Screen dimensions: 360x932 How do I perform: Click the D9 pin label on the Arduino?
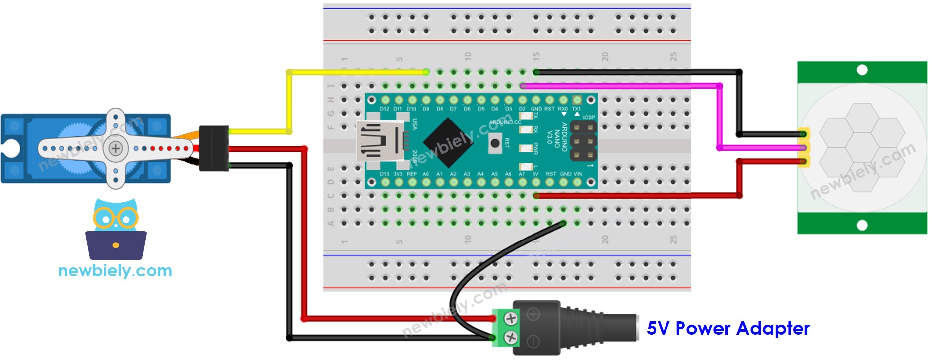pyautogui.click(x=426, y=109)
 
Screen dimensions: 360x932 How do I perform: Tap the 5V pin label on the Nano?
pyautogui.click(x=535, y=174)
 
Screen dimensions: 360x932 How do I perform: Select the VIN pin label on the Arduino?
pyautogui.click(x=578, y=174)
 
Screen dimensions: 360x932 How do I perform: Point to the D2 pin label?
pyautogui.click(x=522, y=109)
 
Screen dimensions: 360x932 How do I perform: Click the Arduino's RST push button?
pyautogui.click(x=495, y=143)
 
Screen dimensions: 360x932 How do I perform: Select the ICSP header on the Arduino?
pyautogui.click(x=583, y=141)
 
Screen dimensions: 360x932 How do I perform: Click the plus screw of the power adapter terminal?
pyautogui.click(x=511, y=318)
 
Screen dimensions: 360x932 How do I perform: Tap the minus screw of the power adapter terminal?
pyautogui.click(x=511, y=338)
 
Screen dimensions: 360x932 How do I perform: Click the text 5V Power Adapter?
pyautogui.click(x=728, y=328)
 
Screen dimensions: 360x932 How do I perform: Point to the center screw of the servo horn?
pyautogui.click(x=116, y=148)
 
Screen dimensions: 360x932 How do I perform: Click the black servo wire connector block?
pyautogui.click(x=214, y=148)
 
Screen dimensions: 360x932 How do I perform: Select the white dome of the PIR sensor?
pyautogui.click(x=862, y=147)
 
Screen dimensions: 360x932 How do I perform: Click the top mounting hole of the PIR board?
pyautogui.click(x=862, y=70)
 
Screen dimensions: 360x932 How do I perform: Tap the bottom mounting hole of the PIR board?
pyautogui.click(x=862, y=225)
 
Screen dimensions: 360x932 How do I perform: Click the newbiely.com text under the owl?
pyautogui.click(x=115, y=271)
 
